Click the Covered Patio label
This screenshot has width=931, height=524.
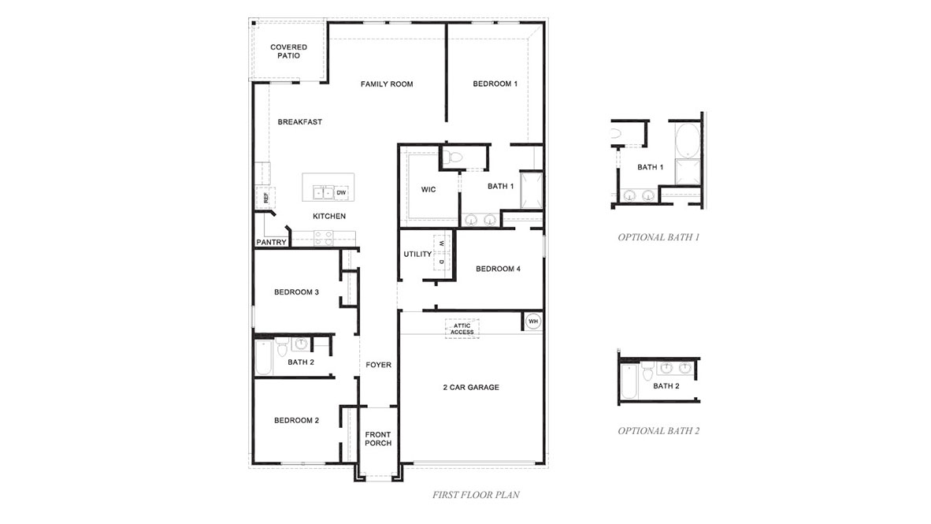pyautogui.click(x=288, y=51)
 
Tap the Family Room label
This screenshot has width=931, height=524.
pyautogui.click(x=387, y=84)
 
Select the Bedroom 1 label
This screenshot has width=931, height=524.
pyautogui.click(x=495, y=84)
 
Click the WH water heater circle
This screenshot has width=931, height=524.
pyautogui.click(x=532, y=321)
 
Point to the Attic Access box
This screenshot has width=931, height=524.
pyautogui.click(x=462, y=329)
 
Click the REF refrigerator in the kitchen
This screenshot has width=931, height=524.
pyautogui.click(x=265, y=198)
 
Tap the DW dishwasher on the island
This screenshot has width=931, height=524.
pyautogui.click(x=341, y=193)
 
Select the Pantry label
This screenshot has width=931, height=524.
pyautogui.click(x=271, y=243)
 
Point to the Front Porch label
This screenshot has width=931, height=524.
pyautogui.click(x=378, y=439)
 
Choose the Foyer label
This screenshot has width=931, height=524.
pyautogui.click(x=378, y=365)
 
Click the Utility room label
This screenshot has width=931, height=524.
pyautogui.click(x=417, y=255)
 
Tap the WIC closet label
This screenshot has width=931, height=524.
pyautogui.click(x=428, y=190)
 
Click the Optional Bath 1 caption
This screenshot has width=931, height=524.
pyautogui.click(x=658, y=237)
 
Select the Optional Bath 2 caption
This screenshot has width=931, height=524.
pyautogui.click(x=658, y=431)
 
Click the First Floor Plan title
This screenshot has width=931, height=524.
pyautogui.click(x=476, y=496)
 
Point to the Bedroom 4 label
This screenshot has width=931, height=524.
pyautogui.click(x=498, y=269)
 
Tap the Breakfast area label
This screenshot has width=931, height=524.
pyautogui.click(x=299, y=122)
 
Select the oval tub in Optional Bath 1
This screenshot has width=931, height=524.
pyautogui.click(x=686, y=140)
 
